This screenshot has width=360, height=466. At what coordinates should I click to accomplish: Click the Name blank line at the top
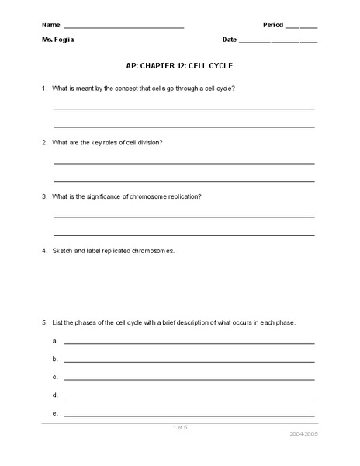tap(124, 27)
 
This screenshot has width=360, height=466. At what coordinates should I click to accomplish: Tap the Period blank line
tap(301, 27)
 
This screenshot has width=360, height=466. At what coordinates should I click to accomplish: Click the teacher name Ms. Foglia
tap(61, 39)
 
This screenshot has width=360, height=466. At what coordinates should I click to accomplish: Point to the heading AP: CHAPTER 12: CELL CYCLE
tap(179, 68)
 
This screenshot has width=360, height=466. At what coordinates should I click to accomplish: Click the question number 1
tap(44, 89)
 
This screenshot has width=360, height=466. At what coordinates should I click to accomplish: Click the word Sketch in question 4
tap(63, 252)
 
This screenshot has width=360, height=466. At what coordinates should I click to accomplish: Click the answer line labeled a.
tap(189, 343)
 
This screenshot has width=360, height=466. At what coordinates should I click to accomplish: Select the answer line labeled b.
tap(189, 361)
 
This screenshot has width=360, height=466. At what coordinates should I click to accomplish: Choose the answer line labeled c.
tap(189, 379)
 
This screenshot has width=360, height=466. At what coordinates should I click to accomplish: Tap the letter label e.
tap(56, 413)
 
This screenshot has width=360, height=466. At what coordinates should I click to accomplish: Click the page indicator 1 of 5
tap(180, 428)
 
